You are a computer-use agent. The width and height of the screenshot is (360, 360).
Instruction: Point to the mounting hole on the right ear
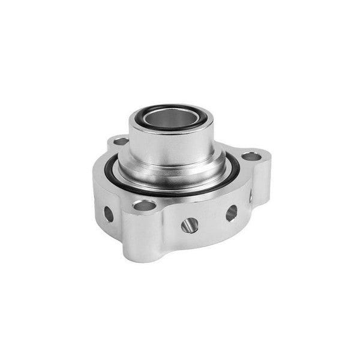coord(251,157)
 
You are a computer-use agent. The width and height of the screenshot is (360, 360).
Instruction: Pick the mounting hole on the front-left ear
coord(144,205)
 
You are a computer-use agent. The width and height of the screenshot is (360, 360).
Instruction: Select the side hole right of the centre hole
coord(231,212)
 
